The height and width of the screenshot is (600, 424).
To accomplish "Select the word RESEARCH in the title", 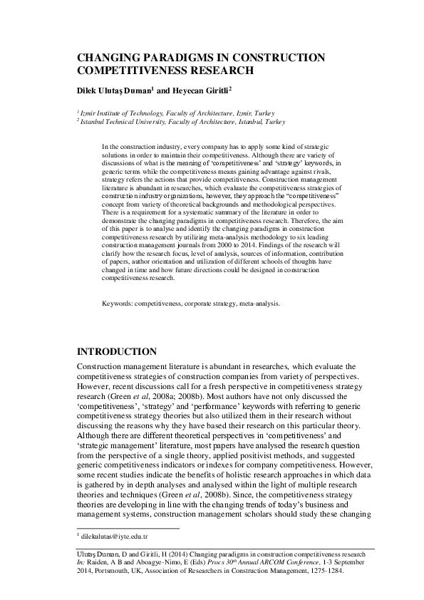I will pos(219,71).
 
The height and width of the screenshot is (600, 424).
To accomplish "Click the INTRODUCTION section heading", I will pos(116,352).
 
